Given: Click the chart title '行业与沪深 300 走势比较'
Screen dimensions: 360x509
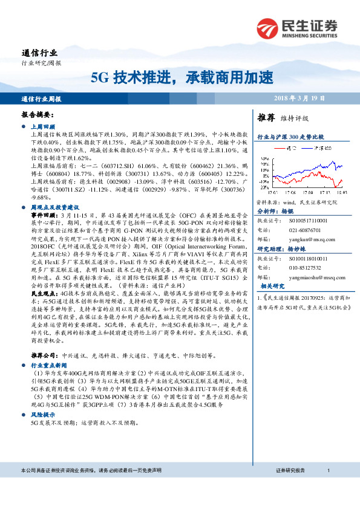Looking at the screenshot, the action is click(290, 137).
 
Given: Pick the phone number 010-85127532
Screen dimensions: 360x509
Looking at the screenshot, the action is click(301, 267).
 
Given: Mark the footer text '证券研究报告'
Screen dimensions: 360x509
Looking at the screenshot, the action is click(290, 470).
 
